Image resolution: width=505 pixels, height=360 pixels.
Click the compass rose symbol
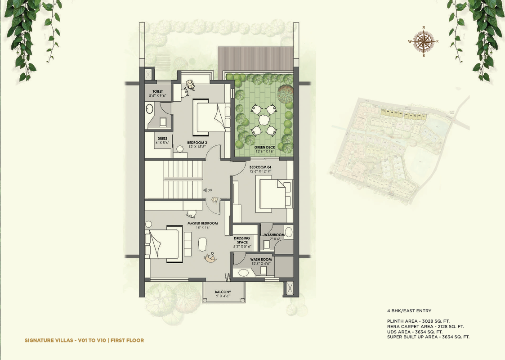424,41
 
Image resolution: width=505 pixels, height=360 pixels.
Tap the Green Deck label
264,149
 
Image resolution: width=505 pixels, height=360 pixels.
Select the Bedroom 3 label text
197,144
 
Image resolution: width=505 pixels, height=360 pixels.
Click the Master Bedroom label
202,225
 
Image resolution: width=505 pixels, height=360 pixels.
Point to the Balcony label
223,293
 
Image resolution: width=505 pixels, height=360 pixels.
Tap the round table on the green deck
264,120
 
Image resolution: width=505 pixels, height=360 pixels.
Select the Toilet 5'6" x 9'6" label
157,94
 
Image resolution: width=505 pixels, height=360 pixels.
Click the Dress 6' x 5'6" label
162,140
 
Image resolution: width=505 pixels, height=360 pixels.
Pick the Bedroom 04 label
260,169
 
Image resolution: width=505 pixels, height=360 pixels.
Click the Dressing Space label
242,243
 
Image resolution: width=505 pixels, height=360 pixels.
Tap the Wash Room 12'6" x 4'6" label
261,261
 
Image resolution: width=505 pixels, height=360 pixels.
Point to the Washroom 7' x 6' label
274,237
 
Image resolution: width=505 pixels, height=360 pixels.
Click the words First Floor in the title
127,340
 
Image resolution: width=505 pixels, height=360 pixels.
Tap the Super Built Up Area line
428,337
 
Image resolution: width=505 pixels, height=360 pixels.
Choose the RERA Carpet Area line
425,327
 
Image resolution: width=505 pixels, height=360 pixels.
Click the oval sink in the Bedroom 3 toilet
149,108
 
